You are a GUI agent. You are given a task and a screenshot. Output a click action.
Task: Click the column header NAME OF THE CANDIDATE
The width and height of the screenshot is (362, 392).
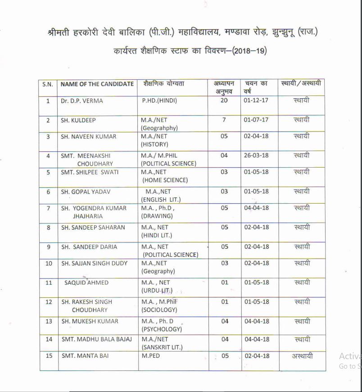[97, 84]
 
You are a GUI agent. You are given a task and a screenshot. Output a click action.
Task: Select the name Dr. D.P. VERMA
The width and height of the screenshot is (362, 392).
[82, 101]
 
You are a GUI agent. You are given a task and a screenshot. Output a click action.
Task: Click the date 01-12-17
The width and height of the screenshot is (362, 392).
[256, 100]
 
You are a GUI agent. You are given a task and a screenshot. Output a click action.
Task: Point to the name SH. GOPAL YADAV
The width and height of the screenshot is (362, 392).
[86, 192]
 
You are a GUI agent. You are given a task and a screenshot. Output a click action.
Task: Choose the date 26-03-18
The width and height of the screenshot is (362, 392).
[256, 155]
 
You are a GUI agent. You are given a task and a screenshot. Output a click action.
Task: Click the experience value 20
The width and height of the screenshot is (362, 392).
[224, 100]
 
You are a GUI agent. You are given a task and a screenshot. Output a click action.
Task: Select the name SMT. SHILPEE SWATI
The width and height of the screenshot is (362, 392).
[90, 172]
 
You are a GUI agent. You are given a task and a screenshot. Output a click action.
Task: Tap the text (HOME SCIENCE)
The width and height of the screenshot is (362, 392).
[165, 180]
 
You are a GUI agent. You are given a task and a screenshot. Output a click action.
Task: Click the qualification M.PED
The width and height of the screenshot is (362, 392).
[150, 356]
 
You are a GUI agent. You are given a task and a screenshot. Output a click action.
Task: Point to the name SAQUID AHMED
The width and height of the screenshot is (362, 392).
[86, 283]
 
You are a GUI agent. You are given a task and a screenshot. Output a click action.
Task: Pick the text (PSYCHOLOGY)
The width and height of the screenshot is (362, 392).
[162, 329]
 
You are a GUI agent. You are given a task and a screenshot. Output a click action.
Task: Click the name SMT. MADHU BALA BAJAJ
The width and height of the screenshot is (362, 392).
[96, 339]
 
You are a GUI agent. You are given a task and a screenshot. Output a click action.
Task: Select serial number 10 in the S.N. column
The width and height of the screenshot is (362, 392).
[49, 263]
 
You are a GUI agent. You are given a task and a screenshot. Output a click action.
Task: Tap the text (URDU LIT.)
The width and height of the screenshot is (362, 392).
[157, 291]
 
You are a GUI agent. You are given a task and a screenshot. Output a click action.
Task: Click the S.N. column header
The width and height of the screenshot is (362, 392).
[48, 84]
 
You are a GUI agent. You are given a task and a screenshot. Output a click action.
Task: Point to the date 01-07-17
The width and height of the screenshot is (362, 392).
[256, 120]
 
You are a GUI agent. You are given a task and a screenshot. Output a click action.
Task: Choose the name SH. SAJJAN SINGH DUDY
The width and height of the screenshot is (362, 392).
[94, 263]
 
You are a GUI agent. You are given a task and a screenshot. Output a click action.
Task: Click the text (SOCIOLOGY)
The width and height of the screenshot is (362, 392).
[159, 310]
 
